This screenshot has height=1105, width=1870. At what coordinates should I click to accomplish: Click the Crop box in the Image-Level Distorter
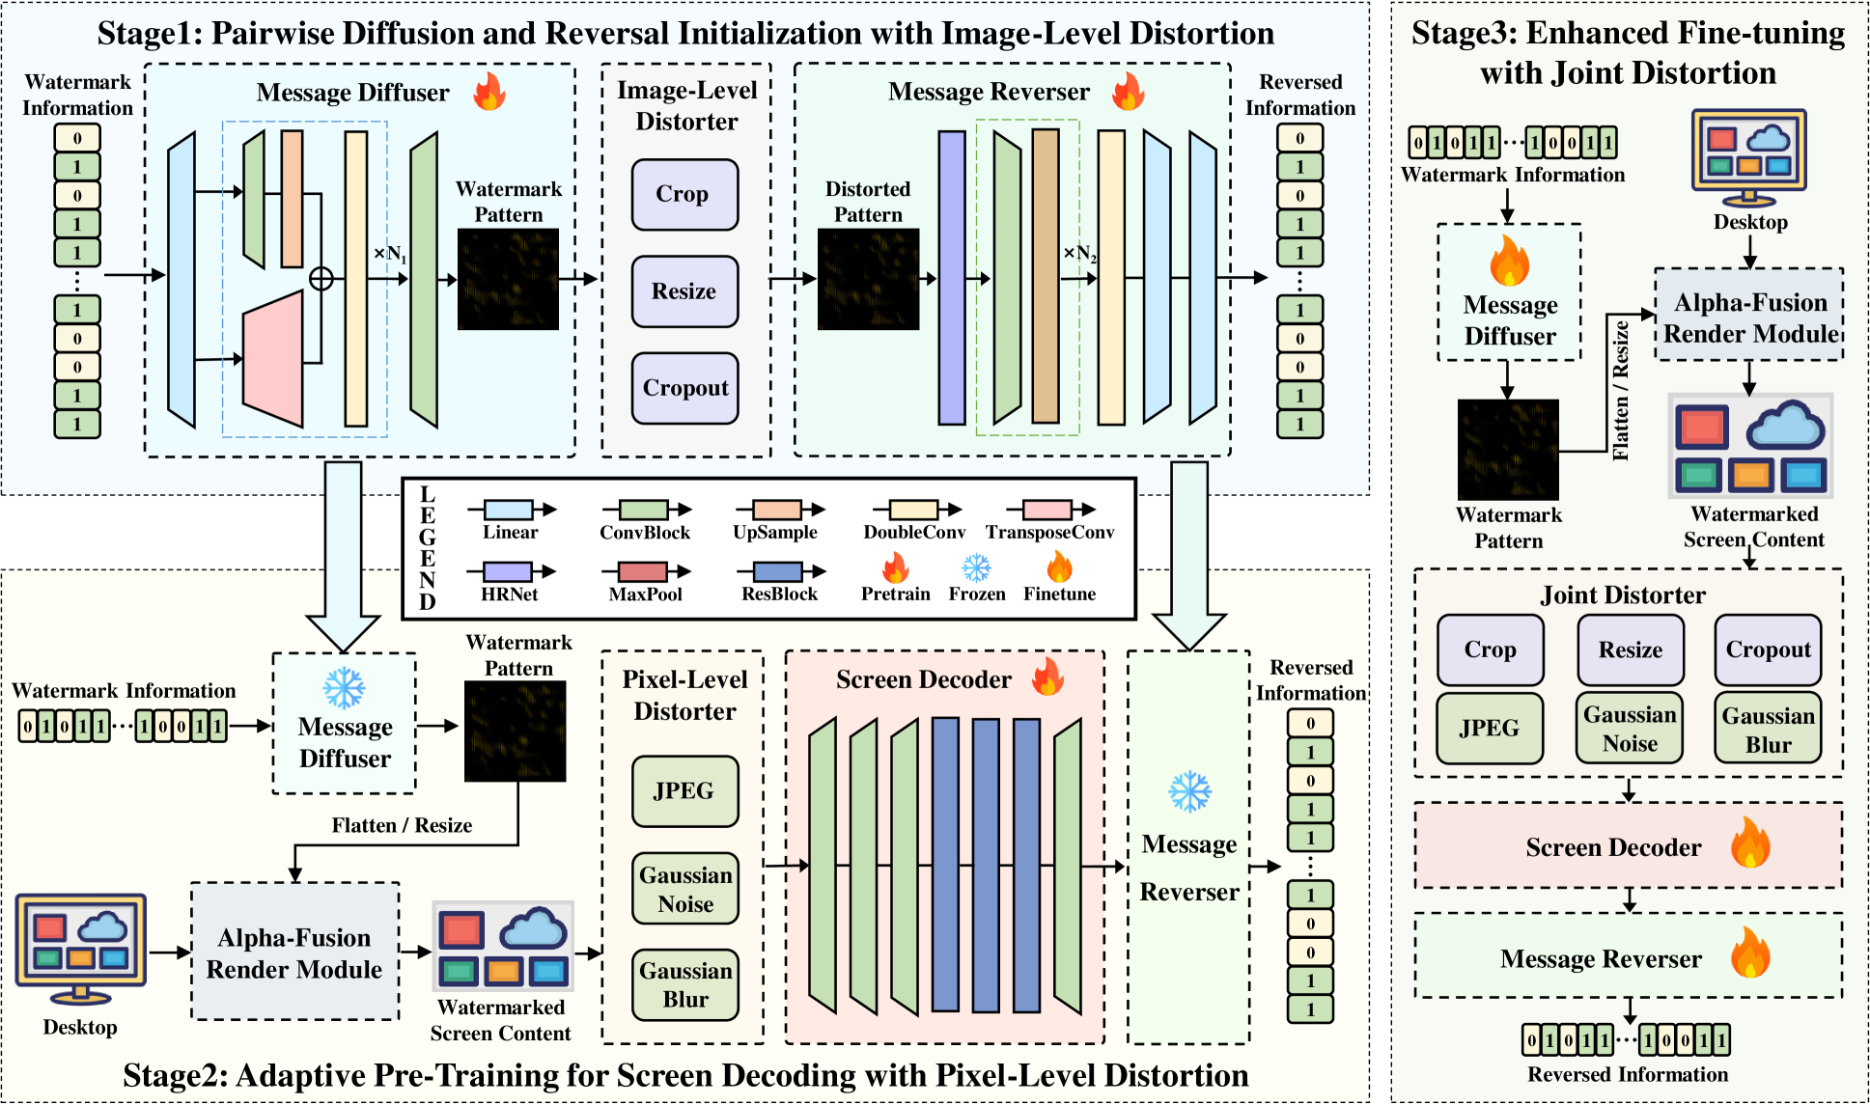(684, 195)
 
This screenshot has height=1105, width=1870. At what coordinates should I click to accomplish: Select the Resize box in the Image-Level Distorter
(684, 291)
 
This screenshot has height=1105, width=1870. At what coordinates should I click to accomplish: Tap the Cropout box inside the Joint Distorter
(1768, 649)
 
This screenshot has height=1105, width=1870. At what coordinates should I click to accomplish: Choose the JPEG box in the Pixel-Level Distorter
(684, 791)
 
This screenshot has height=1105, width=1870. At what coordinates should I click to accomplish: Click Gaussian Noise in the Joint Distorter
(1630, 729)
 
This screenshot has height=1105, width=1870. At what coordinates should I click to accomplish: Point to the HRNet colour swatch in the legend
(508, 571)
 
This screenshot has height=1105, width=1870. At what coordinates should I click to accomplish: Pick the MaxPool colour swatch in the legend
(643, 571)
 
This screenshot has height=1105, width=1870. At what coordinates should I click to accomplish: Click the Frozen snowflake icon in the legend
(976, 567)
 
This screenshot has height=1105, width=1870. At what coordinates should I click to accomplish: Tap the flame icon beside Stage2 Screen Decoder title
(1047, 677)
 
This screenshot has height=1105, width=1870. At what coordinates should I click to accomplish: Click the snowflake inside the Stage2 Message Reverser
(1189, 791)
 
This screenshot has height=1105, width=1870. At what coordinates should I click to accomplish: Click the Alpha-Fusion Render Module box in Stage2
(294, 953)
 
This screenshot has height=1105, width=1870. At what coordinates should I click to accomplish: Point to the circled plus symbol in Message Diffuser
(321, 279)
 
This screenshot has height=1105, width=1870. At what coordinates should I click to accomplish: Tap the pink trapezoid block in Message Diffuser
(273, 359)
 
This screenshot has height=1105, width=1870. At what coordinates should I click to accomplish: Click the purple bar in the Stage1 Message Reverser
(952, 278)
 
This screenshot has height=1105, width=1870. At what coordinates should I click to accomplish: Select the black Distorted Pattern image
(868, 279)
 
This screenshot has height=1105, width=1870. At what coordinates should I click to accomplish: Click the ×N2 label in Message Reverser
(1079, 254)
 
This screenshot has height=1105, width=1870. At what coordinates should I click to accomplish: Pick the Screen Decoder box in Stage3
(1628, 846)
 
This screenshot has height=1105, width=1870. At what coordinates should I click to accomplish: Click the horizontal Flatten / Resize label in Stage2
(402, 825)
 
